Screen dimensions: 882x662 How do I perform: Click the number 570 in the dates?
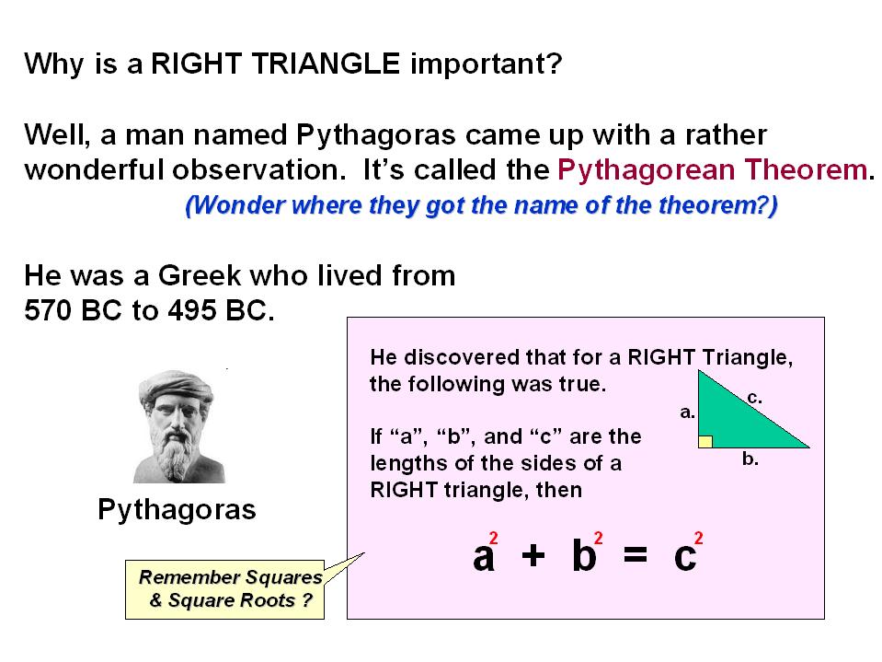[x=49, y=310]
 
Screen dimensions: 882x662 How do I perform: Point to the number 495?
[x=192, y=310]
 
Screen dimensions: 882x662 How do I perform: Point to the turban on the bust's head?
[x=177, y=385]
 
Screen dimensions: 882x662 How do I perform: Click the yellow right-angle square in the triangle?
[x=705, y=441]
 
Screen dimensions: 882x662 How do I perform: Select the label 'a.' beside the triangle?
[x=687, y=412]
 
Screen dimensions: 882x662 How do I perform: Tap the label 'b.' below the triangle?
[x=750, y=459]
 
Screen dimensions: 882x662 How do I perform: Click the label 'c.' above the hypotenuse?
[x=755, y=398]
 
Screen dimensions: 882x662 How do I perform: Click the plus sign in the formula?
[x=533, y=556]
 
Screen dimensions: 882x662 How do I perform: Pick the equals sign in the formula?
[x=636, y=556]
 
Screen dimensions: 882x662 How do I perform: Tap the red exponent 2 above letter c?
[x=699, y=538]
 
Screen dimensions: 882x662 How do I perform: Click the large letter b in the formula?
[x=584, y=555]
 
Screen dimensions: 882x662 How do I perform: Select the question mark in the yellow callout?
[x=307, y=600]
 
